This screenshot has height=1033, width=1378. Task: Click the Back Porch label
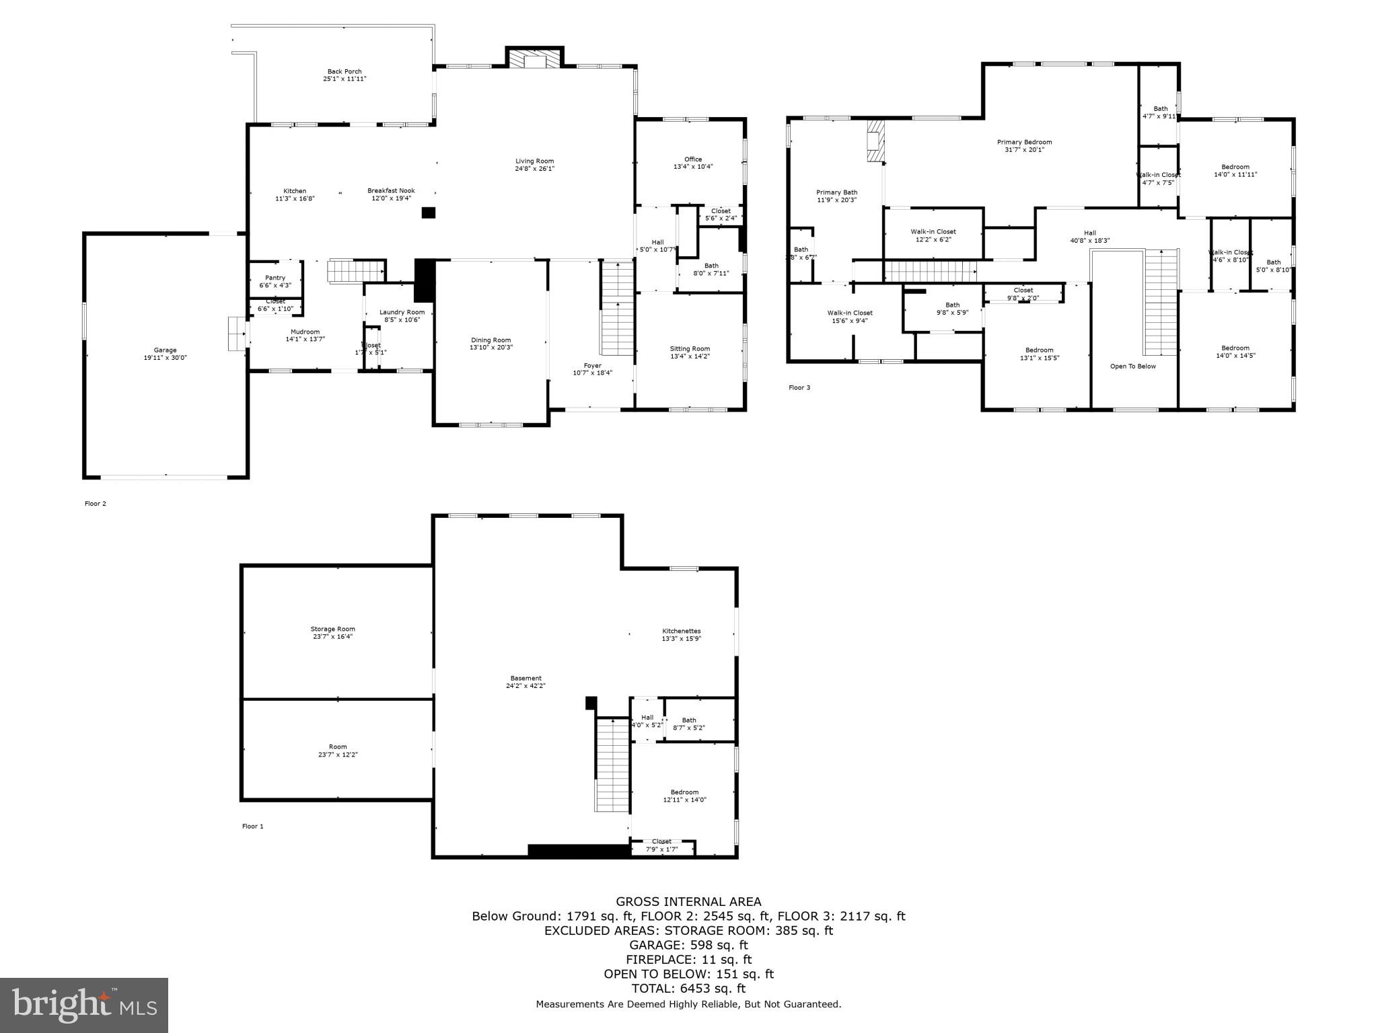tap(344, 71)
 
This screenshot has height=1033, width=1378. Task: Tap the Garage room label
tap(165, 350)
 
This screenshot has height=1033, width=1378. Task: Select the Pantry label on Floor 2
tap(275, 278)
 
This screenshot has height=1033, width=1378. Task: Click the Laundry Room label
tap(402, 312)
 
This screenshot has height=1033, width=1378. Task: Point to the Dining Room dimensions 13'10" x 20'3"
tap(491, 348)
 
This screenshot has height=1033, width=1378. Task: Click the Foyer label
tap(592, 365)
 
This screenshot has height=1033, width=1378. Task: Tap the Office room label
tap(693, 159)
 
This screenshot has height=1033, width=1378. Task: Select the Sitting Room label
tap(690, 348)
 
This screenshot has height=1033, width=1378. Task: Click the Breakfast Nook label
tap(390, 191)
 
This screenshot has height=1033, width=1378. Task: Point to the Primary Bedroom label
tap(1024, 142)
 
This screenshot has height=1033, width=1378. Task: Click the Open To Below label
tap(1132, 367)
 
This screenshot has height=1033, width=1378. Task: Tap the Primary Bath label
tap(836, 192)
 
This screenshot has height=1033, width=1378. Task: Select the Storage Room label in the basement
tap(332, 629)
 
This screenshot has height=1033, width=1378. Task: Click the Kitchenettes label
tap(681, 631)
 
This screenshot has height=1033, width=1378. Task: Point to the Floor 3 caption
tap(799, 387)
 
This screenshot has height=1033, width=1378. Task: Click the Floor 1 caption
tap(253, 826)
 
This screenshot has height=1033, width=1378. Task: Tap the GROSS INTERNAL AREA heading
tap(688, 902)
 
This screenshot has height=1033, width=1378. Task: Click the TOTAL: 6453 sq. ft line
tap(688, 989)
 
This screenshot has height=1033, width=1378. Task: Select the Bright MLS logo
tap(84, 1005)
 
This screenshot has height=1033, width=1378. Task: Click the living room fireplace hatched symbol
tap(535, 59)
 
